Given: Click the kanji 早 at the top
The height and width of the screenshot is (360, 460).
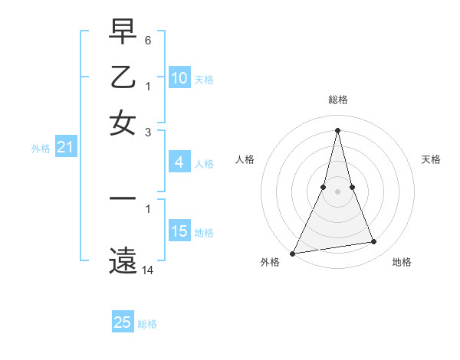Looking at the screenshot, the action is tap(123, 32).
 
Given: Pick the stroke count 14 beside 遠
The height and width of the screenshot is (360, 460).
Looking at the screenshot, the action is tap(148, 270).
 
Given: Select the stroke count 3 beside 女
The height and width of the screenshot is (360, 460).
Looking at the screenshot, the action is tap(148, 131).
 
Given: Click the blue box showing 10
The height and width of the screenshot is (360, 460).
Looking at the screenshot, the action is tap(179, 78).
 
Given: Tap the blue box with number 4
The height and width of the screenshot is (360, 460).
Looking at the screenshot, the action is tap(179, 162).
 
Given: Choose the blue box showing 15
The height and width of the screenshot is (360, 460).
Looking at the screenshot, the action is tap(179, 231).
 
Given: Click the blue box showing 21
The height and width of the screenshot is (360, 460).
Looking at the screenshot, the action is tap(65, 148).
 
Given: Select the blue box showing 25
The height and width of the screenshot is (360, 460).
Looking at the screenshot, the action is tap(123, 322).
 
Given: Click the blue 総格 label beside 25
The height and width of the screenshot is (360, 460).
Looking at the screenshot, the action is tap(147, 324).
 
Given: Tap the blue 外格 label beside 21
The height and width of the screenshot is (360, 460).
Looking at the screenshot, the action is tap(41, 149).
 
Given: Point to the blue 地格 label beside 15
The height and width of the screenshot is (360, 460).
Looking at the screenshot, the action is tap(204, 233).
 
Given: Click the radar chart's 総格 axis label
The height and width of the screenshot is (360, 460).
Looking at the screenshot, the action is tap(338, 100).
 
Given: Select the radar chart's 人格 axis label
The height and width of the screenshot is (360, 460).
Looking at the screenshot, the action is tap(245, 159).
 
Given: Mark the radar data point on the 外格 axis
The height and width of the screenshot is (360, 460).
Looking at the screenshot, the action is tap(293, 253).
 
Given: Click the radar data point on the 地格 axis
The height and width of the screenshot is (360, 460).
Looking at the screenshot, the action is tap(374, 242).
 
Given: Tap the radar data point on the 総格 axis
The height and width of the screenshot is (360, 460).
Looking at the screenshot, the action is tap(338, 129).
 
